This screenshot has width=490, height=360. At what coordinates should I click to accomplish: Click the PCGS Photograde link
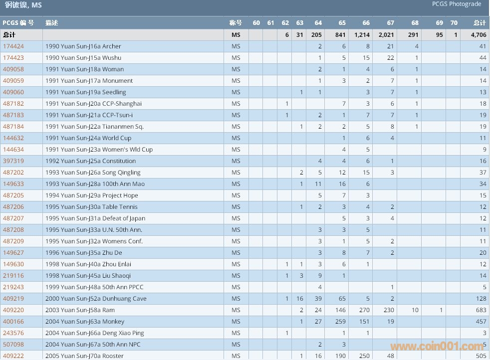pos(457,4)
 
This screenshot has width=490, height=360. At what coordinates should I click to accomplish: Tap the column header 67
pos(390,23)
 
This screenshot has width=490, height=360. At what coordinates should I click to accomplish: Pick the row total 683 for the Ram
pos(481,310)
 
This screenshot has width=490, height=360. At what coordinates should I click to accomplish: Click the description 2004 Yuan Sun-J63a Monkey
pos(84,322)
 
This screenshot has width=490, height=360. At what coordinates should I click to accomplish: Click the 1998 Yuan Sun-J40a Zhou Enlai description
pos(88,264)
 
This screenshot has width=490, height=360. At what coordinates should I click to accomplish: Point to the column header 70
pos(454,23)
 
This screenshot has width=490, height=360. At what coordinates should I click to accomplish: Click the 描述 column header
pos(51,23)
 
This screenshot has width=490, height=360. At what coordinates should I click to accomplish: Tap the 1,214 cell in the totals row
pos(362,35)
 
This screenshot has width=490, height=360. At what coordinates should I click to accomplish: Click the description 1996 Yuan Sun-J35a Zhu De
pos(83,253)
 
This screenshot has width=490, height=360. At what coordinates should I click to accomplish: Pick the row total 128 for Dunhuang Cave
pos(481,299)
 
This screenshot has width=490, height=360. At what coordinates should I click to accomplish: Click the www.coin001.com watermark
pos(437,347)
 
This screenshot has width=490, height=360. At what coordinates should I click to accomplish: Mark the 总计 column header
pos(480,23)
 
